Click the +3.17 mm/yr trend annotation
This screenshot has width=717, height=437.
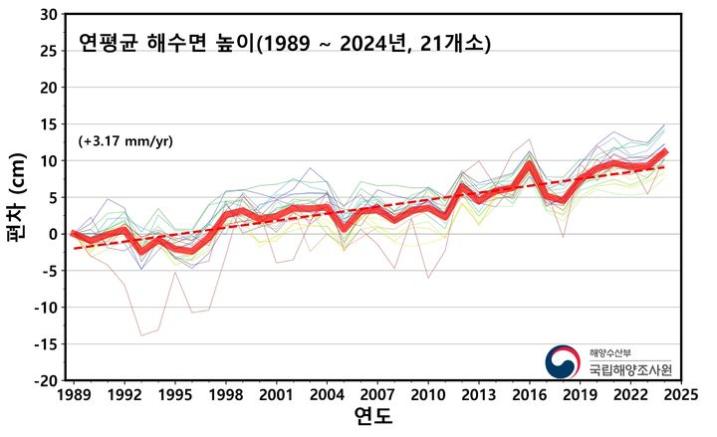click(125, 140)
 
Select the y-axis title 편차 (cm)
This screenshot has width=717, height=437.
click(17, 199)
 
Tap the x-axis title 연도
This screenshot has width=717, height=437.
click(373, 417)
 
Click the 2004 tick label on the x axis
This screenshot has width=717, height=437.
click(326, 395)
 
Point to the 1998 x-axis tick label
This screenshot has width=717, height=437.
click(224, 395)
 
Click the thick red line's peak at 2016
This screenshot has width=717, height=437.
click(530, 163)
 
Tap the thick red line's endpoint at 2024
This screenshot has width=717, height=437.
click(664, 152)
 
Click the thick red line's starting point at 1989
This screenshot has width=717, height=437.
click(73, 233)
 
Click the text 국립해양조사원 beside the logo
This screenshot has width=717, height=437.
click(629, 369)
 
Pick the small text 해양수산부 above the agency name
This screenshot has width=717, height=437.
click(608, 351)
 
